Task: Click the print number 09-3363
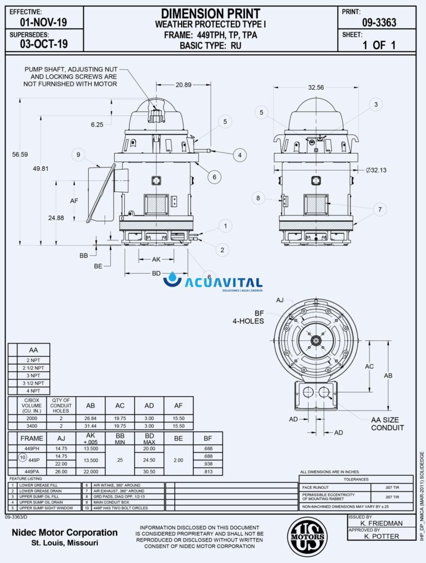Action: click(x=379, y=23)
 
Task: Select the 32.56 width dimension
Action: click(x=316, y=88)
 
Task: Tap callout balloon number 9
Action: click(x=78, y=154)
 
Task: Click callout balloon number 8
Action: click(x=258, y=198)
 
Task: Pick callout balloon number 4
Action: click(x=240, y=155)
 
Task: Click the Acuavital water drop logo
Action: click(x=175, y=280)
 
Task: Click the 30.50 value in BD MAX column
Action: click(x=149, y=471)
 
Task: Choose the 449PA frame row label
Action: click(x=31, y=471)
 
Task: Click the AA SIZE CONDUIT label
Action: click(x=387, y=424)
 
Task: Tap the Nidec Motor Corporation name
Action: click(x=65, y=533)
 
